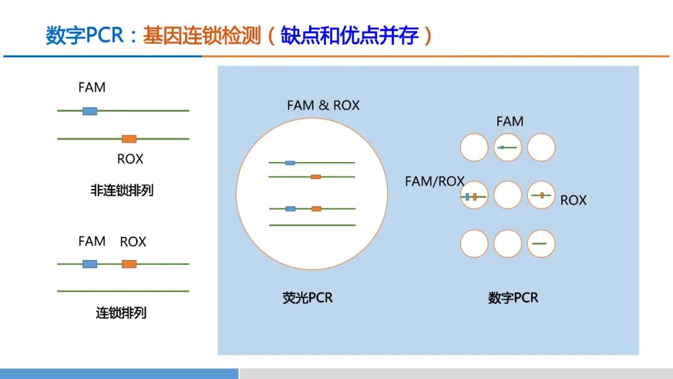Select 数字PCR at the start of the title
[x=85, y=36]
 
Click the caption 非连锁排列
[x=122, y=191]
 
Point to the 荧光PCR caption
[x=308, y=298]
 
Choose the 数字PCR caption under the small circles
[x=513, y=298]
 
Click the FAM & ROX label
[x=323, y=105]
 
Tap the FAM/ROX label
[x=434, y=181]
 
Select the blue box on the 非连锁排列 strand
[x=90, y=111]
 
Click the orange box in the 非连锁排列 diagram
[x=129, y=138]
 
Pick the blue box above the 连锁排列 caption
[x=90, y=264]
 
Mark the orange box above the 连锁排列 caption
[x=129, y=264]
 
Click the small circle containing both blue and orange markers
[x=474, y=196]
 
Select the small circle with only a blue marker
[x=507, y=148]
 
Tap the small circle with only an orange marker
[x=541, y=196]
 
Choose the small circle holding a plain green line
[x=541, y=244]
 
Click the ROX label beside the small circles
[x=573, y=200]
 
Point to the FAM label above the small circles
[x=510, y=122]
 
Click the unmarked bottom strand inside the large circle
[x=312, y=225]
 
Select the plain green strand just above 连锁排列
[x=123, y=291]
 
